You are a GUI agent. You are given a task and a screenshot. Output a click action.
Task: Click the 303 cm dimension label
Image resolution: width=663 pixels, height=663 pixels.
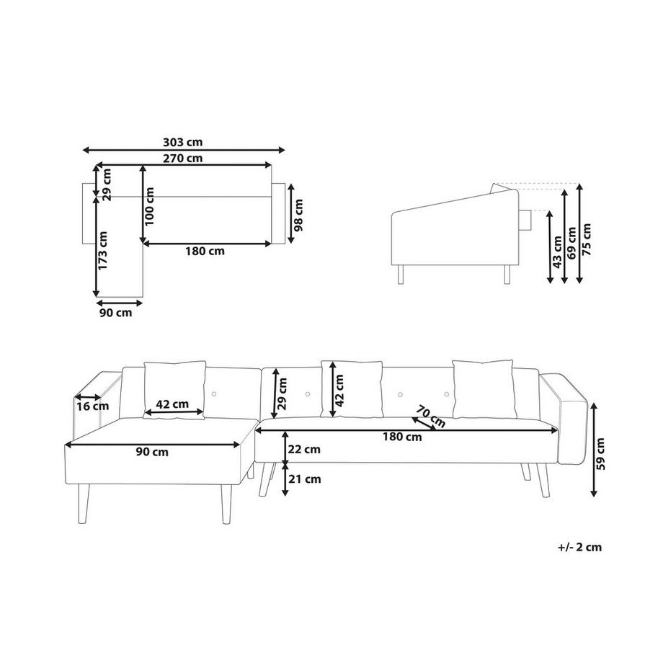(182, 142)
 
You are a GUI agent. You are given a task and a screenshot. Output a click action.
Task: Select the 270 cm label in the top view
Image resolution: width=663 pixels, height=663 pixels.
(182, 158)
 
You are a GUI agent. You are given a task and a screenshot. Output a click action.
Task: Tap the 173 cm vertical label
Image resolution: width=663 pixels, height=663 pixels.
(103, 251)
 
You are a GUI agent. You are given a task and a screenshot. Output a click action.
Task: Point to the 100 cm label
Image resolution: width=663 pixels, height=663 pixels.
(149, 206)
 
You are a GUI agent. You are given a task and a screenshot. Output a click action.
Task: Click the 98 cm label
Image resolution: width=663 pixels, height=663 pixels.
(298, 215)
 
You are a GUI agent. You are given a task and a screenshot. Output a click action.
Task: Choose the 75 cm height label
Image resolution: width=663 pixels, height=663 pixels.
(587, 239)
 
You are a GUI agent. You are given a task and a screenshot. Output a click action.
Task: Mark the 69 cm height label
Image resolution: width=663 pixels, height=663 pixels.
(571, 243)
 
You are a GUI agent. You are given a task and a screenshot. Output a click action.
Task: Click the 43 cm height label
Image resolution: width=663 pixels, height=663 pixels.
(557, 252)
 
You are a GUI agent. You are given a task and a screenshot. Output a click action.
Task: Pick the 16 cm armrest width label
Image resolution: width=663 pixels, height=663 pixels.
(92, 406)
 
